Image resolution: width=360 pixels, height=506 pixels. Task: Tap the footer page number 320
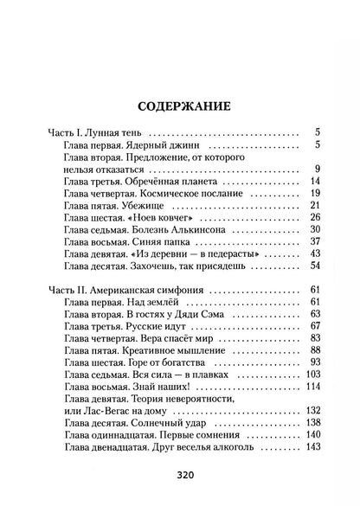[180, 475]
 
